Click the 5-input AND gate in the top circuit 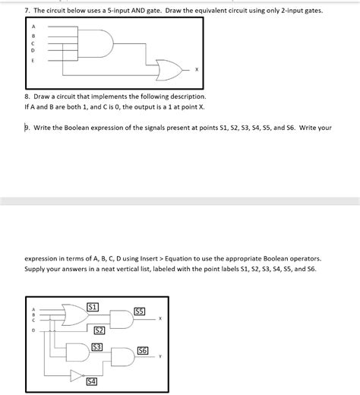click(99, 43)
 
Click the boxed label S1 click(93, 306)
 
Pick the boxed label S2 click(99, 330)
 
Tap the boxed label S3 click(96, 346)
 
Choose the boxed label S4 click(92, 381)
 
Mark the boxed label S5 click(139, 311)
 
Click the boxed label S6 click(143, 350)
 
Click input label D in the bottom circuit click(33, 330)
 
